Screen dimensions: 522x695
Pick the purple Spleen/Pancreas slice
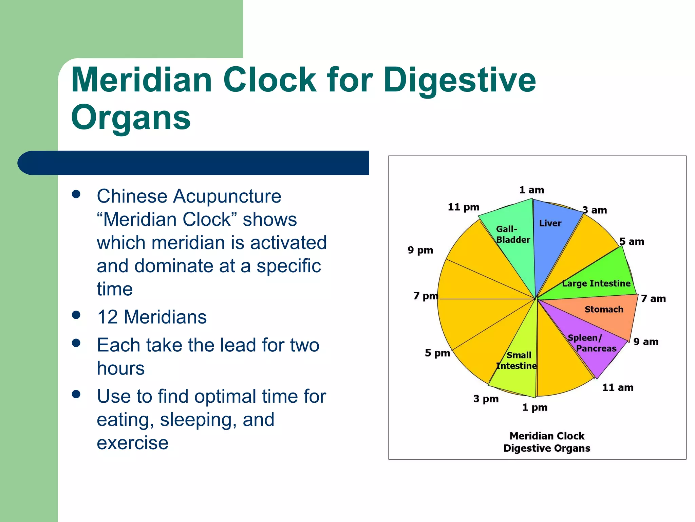pos(594,347)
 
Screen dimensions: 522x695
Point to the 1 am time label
pos(531,190)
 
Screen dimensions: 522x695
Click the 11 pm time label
pos(464,207)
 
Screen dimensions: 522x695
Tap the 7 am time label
pos(653,299)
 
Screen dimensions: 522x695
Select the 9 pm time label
pos(420,250)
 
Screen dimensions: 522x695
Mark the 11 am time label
pos(618,387)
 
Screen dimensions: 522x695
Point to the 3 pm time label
pos(486,399)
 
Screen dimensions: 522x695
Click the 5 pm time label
pos(437,353)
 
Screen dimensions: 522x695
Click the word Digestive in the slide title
pos(460,80)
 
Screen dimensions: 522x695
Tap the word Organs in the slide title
pos(131,118)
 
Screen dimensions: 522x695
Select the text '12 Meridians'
pos(152,317)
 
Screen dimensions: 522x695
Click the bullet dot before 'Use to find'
pos(76,394)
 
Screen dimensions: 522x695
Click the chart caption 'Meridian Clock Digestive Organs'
pos(547,442)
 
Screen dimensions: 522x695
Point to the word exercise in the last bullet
pos(133,443)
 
